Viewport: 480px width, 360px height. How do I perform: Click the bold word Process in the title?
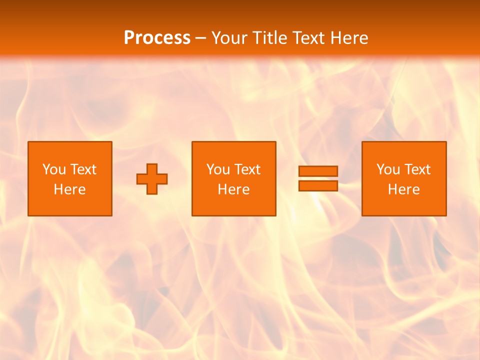157,38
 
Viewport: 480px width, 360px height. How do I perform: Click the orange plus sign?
152,178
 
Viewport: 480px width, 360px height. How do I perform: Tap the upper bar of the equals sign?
318,171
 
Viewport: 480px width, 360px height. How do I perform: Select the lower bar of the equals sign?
318,185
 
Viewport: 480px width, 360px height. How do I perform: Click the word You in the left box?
54,169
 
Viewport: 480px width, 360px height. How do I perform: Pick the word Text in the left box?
82,169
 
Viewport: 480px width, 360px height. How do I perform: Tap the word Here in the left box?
69,189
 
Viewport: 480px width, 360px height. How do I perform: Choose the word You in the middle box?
218,169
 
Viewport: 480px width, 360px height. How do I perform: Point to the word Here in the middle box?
233,189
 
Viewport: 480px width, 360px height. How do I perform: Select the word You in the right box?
388,169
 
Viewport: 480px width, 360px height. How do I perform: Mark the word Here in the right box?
403,189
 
